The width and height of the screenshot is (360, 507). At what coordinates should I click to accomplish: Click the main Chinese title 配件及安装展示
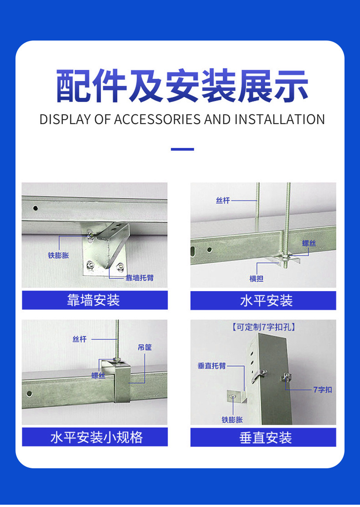coord(182,86)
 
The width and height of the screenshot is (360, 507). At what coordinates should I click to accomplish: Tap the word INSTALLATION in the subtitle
coord(279,119)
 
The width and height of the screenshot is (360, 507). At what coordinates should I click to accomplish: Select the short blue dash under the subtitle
coord(182,149)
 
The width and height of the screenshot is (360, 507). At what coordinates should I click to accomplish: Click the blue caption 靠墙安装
coord(93,300)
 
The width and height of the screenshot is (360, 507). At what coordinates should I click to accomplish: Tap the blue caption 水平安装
coord(266,301)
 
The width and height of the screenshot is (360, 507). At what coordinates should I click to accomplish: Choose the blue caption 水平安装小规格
coord(97,437)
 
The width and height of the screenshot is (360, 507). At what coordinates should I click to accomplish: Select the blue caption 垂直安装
coord(266,438)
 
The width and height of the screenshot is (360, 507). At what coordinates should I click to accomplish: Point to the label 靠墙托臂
coord(139,278)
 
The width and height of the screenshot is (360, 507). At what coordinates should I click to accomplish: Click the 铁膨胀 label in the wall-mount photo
coord(58,256)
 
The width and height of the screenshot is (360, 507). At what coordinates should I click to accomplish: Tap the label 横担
coord(257,278)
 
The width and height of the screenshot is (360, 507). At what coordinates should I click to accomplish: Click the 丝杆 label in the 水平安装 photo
coord(223,200)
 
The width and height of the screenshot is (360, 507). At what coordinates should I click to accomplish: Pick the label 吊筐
coord(144,347)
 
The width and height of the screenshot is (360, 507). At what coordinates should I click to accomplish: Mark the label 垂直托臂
coord(212,366)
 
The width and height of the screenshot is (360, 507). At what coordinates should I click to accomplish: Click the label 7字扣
coord(323,389)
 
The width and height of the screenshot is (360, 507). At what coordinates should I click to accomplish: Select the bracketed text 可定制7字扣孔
coord(263,327)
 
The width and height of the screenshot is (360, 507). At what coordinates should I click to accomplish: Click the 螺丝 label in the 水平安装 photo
coord(309,243)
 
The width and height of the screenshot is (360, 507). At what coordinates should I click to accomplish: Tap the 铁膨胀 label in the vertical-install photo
coord(232,420)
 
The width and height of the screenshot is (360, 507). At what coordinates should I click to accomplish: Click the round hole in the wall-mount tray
coord(35,208)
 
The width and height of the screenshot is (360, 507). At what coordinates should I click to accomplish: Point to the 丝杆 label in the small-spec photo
coord(80,339)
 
